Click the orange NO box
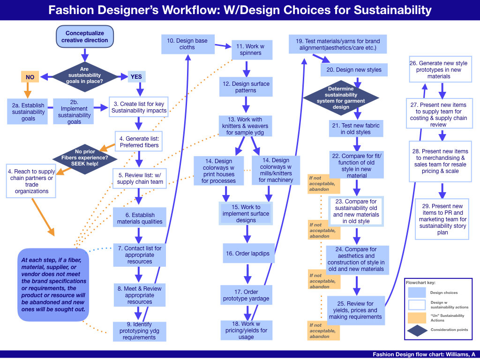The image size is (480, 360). pyautogui.click(x=30, y=76)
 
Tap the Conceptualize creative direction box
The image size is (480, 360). pyautogui.click(x=84, y=37)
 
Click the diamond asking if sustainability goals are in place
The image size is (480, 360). pyautogui.click(x=84, y=75)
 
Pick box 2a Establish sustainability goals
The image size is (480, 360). pyautogui.click(x=28, y=112)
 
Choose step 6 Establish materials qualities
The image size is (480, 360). pyautogui.click(x=140, y=218)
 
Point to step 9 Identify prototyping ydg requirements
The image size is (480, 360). pyautogui.click(x=140, y=331)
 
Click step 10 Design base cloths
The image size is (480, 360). pyautogui.click(x=187, y=44)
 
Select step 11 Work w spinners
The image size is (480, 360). pyautogui.click(x=252, y=50)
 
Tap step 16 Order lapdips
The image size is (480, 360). pyautogui.click(x=248, y=254)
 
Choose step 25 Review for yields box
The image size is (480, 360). pyautogui.click(x=355, y=310)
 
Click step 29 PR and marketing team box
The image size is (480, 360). pyautogui.click(x=442, y=219)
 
